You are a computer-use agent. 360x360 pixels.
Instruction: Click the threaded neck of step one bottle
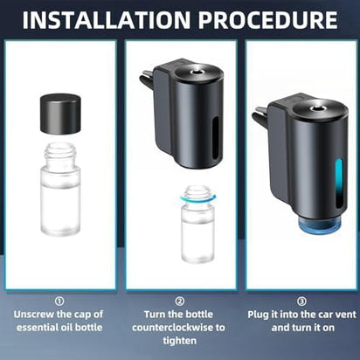[60, 156]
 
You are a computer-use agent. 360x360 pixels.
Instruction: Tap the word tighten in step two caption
[180, 342]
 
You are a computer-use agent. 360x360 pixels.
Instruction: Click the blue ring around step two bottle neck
[197, 199]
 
